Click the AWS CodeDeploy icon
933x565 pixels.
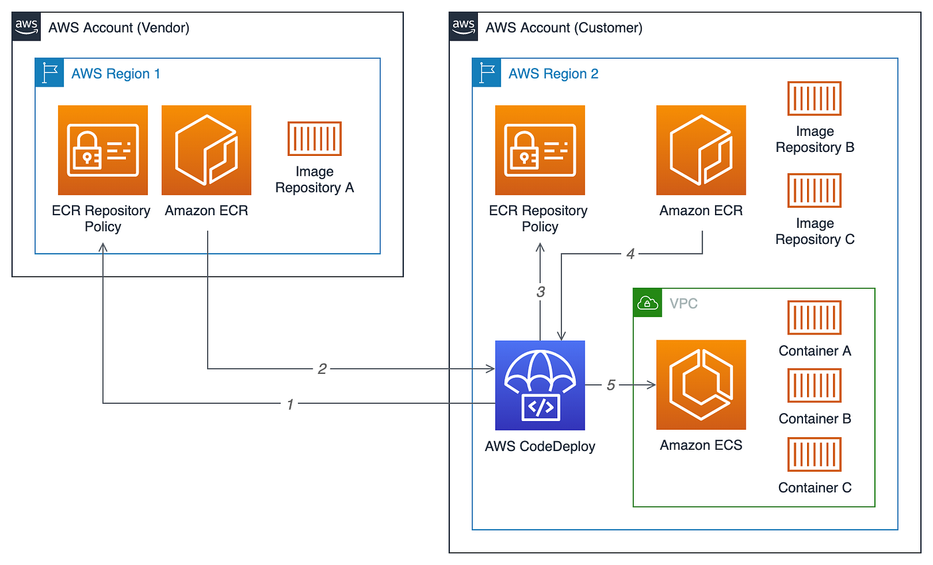coord(540,385)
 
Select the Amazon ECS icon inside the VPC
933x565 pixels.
coord(701,385)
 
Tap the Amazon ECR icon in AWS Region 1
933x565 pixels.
coord(207,150)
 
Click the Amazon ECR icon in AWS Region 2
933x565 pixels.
coord(701,150)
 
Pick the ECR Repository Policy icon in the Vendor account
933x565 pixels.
coord(103,150)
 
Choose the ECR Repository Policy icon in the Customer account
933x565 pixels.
coord(540,150)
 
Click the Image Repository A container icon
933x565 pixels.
coord(315,139)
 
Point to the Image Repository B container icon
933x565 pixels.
coord(814,99)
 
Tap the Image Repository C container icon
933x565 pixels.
coord(814,191)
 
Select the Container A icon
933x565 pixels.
coord(814,318)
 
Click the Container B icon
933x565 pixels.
coord(814,386)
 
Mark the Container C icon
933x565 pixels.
coord(814,454)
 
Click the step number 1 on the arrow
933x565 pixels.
coord(290,404)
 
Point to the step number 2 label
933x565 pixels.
coord(322,368)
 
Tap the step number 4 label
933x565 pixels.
coord(630,254)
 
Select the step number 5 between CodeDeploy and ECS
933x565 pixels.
coord(610,385)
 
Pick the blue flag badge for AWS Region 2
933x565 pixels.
coord(486,73)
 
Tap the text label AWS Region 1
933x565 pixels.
coord(116,73)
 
